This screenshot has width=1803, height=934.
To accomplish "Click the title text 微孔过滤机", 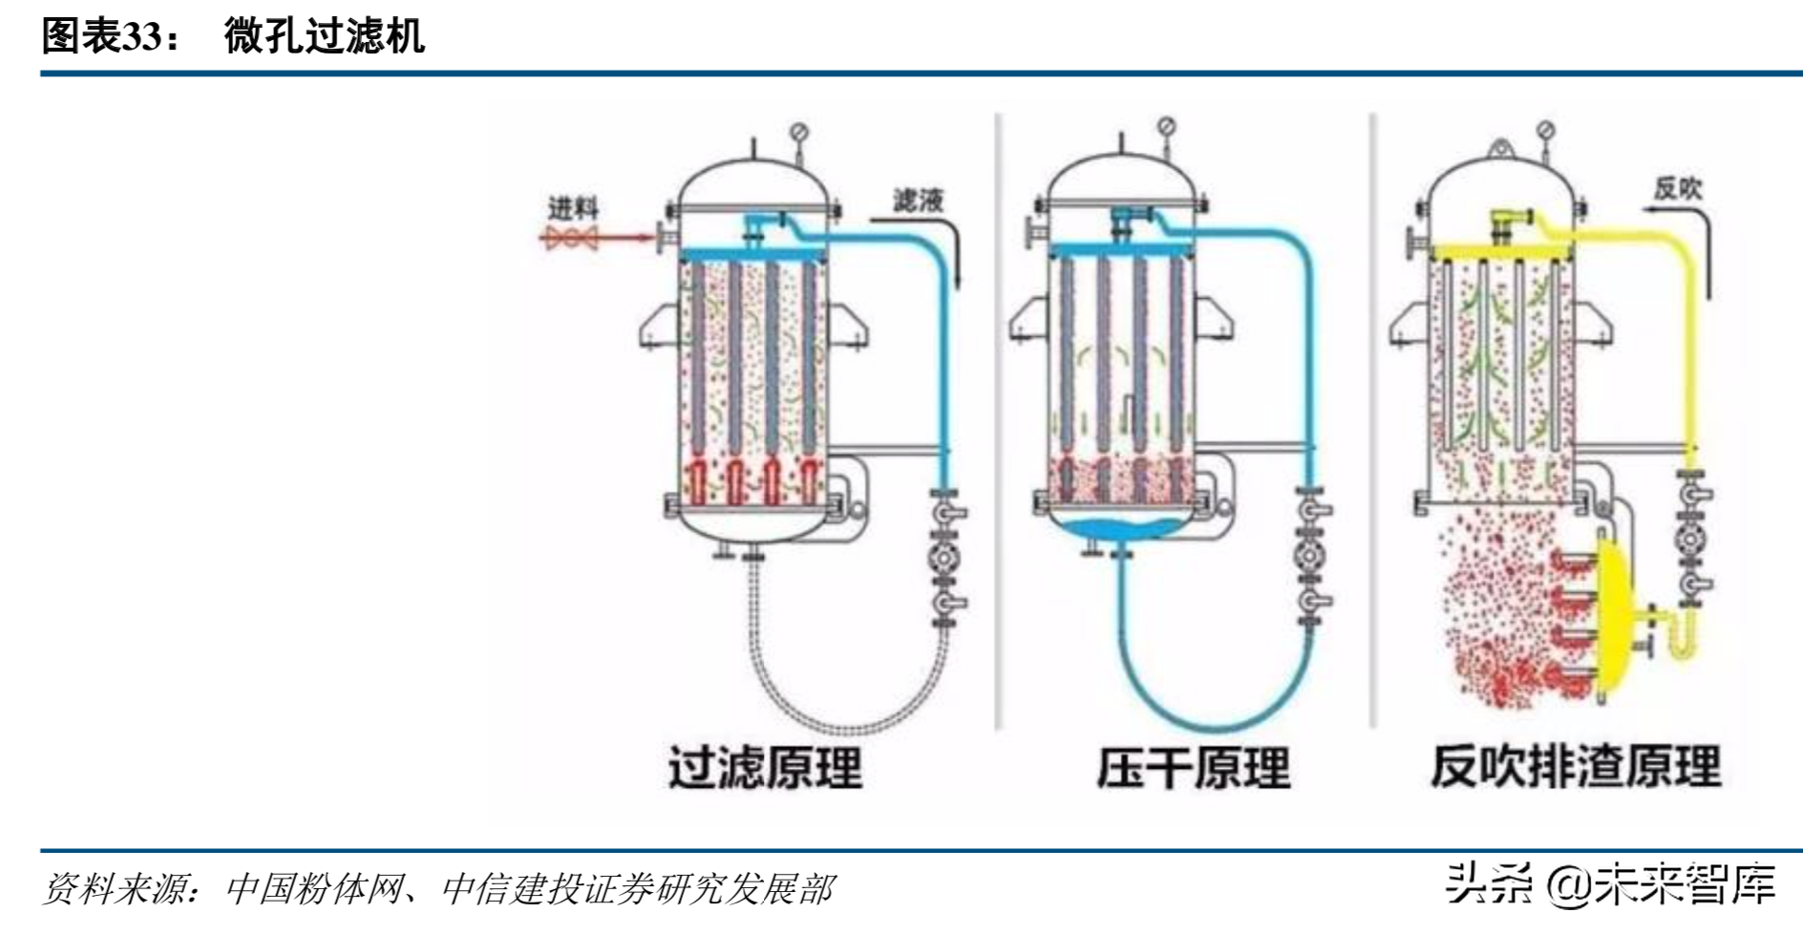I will pyautogui.click(x=324, y=36).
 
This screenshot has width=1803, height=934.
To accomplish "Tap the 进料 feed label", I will pyautogui.click(x=572, y=207).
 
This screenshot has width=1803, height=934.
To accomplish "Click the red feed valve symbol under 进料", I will pyautogui.click(x=571, y=238).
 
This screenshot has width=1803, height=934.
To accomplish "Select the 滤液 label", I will pyautogui.click(x=918, y=200).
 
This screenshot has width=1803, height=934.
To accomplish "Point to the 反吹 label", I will pyautogui.click(x=1678, y=188).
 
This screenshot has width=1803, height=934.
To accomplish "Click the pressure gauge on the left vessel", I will pyautogui.click(x=799, y=131).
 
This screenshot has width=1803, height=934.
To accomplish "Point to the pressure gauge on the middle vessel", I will pyautogui.click(x=1166, y=126).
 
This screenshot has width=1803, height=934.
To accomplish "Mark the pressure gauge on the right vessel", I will pyautogui.click(x=1546, y=131).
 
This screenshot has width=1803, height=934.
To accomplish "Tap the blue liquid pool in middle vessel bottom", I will pyautogui.click(x=1121, y=527).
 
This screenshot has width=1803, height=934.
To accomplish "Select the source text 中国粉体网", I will pyautogui.click(x=309, y=890).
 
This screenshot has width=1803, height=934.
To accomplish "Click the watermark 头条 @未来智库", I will pyautogui.click(x=1609, y=883).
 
